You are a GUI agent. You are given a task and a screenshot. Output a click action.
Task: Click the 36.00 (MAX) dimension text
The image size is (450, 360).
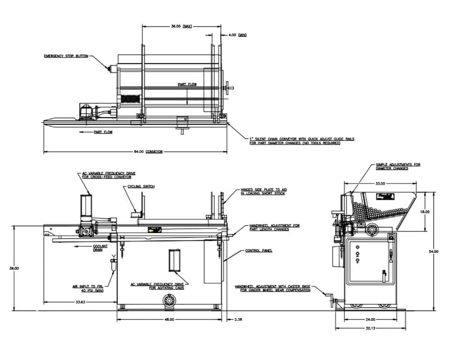pos(181,27)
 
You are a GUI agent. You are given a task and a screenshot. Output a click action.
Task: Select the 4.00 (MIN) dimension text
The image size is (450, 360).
pos(237,35)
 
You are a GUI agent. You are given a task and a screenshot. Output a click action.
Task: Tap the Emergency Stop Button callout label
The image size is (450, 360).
pos(66,56)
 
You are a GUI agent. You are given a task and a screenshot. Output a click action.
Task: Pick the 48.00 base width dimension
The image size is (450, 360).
pos(169,319)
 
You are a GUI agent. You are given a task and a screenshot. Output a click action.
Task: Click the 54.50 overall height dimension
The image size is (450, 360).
pos(435,252)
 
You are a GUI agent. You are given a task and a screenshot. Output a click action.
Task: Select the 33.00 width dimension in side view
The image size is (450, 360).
pos(380,184)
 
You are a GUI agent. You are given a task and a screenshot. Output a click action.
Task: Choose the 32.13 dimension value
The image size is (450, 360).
pos(370,328)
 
